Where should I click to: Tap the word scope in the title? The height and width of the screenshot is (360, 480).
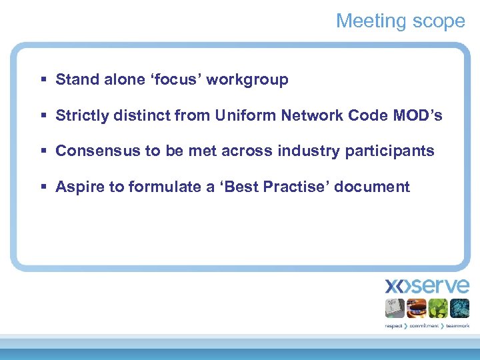tap(438, 21)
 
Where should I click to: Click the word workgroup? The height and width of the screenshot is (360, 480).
tap(247, 80)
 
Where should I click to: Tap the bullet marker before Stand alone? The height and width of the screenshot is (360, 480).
tap(43, 80)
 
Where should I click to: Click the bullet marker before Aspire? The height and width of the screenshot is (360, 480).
tap(43, 187)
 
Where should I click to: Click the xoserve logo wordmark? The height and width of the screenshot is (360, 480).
tap(427, 287)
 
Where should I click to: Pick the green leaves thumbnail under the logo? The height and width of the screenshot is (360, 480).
tap(437, 308)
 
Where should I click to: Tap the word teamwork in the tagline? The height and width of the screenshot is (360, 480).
tap(458, 326)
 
